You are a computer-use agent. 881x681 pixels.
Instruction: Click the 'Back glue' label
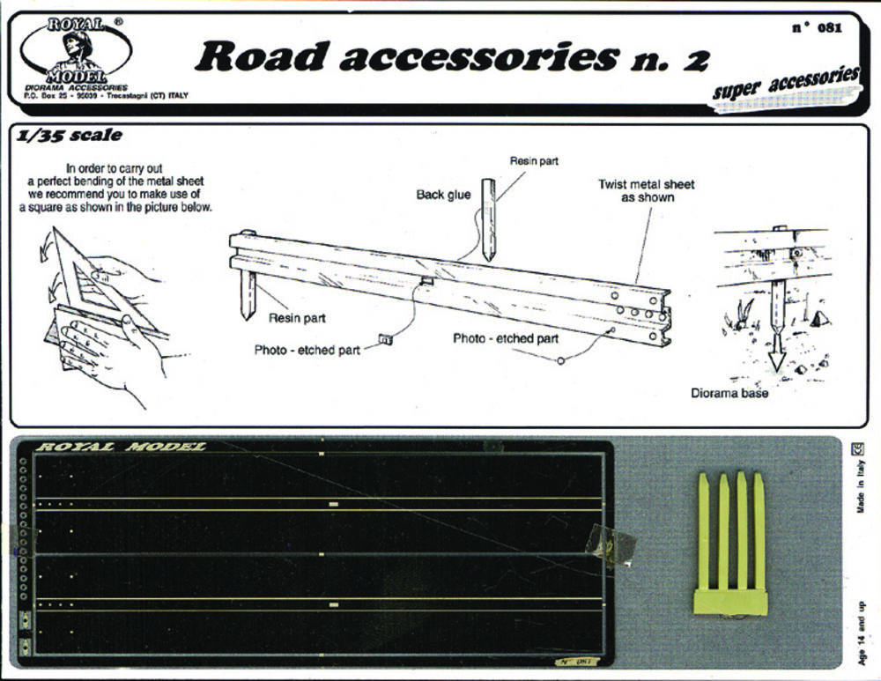coord(443,195)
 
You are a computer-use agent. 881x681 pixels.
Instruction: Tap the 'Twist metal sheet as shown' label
coord(646,190)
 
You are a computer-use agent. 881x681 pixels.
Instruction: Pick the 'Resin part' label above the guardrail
coord(534,161)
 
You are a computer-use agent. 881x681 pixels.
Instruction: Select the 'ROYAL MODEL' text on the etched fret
coord(120,447)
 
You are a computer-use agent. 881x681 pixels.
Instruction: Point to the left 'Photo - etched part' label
coord(307,350)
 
